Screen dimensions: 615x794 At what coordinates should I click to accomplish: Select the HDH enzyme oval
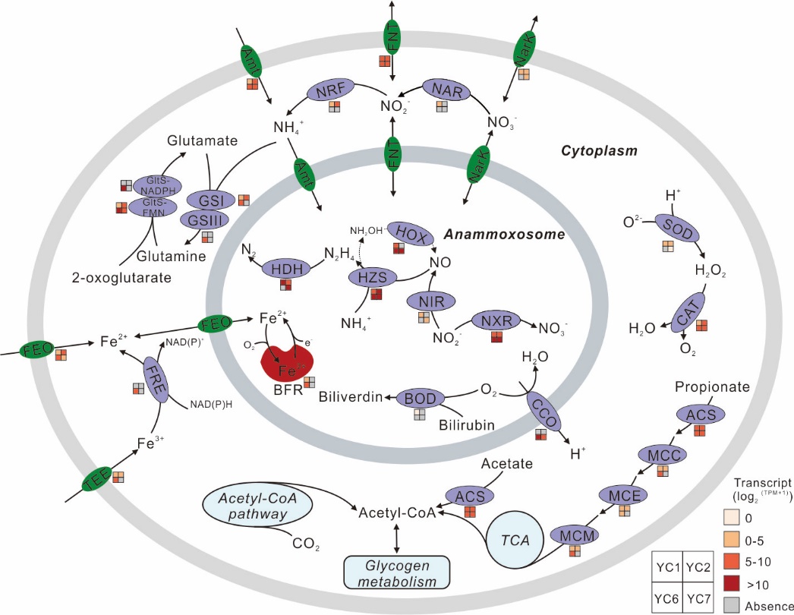pyautogui.click(x=285, y=269)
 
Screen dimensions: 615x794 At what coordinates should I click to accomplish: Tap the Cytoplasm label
pyautogui.click(x=598, y=150)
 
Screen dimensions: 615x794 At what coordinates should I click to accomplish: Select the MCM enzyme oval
pyautogui.click(x=574, y=535)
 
